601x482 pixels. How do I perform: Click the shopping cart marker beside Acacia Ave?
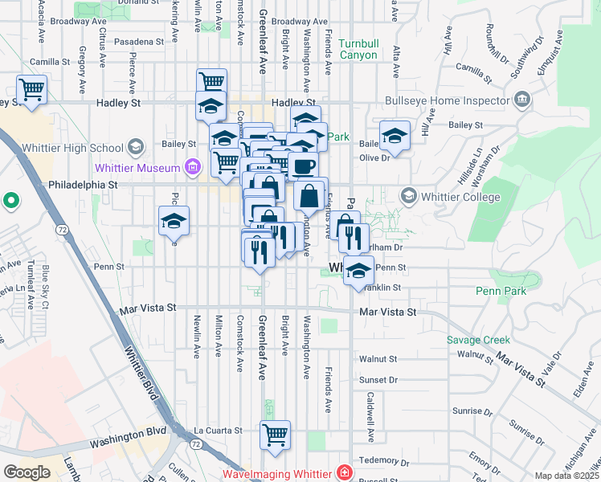pyautogui.click(x=32, y=89)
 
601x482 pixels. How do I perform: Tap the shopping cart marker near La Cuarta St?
pyautogui.click(x=275, y=435)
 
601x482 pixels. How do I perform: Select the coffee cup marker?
pyautogui.click(x=302, y=167)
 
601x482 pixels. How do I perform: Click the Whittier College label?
pyautogui.click(x=461, y=197)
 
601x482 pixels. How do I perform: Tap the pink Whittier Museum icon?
pyautogui.click(x=192, y=167)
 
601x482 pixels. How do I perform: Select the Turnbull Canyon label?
pyautogui.click(x=363, y=49)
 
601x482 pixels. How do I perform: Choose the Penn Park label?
pyautogui.click(x=500, y=291)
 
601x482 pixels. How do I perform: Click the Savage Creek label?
pyautogui.click(x=479, y=340)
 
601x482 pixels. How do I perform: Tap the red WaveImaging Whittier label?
pyautogui.click(x=280, y=473)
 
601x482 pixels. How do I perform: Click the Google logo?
pyautogui.click(x=27, y=472)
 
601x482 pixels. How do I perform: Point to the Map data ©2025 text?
pyautogui.click(x=566, y=476)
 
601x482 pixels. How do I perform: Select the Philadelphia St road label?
pyautogui.click(x=83, y=184)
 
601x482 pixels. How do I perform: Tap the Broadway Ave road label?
pyautogui.click(x=300, y=22)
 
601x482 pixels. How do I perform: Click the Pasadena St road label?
pyautogui.click(x=138, y=40)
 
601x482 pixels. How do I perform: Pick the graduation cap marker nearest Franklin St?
pyautogui.click(x=358, y=272)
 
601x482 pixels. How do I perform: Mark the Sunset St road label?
pyautogui.click(x=379, y=380)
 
